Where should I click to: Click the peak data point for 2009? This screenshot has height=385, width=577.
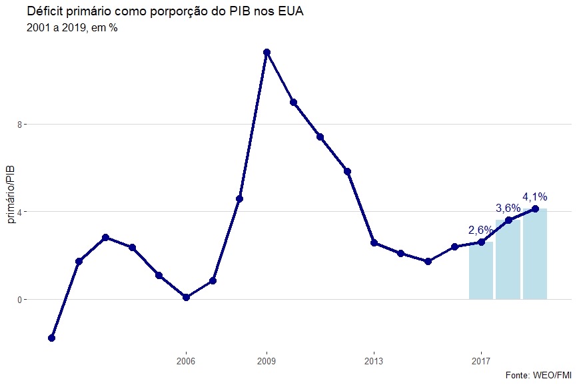267,52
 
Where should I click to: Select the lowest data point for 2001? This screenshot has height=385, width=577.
51,338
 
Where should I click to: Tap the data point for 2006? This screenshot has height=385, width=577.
186,297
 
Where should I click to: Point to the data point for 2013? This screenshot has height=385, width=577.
374,242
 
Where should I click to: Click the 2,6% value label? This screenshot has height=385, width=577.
481,230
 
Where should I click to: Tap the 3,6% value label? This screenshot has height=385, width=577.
508,208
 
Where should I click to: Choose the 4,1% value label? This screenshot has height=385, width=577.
535,196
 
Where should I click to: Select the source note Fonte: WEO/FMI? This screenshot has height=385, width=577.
538,375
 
